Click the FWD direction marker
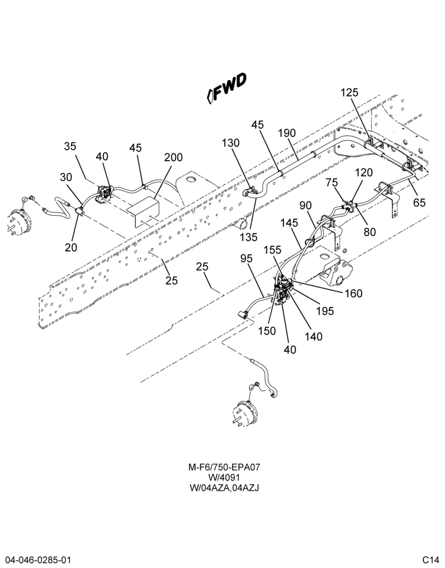[x=226, y=89]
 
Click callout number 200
[x=174, y=157]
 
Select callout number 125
[x=350, y=93]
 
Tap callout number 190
[x=287, y=133]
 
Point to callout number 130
[x=230, y=143]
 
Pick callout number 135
[x=249, y=237]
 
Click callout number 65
[x=419, y=202]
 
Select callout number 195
[x=325, y=311]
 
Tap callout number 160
[x=353, y=293]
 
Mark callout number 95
[x=247, y=258]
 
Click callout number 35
[x=70, y=147]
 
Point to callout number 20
[x=71, y=247]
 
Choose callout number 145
[x=289, y=223]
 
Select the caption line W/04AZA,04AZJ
[x=224, y=488]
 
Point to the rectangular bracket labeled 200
[x=144, y=212]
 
